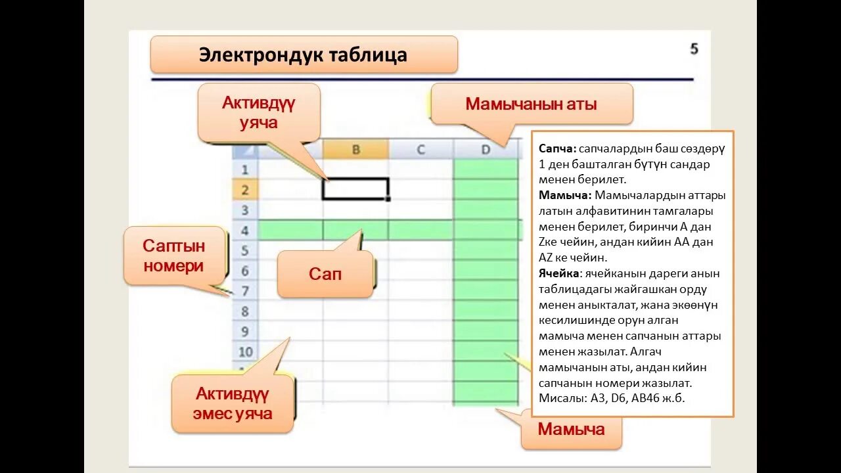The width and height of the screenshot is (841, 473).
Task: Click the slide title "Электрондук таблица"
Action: pos(303,55)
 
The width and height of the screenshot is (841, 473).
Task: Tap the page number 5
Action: pos(694,49)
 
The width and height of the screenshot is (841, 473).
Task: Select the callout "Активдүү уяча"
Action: pos(259,112)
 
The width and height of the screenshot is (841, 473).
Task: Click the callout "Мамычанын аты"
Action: pos(531,104)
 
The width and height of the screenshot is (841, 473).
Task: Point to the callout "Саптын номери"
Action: pos(174,256)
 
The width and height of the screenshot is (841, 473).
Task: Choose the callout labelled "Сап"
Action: pos(325,273)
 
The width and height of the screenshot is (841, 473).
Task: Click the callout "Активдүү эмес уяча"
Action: pos(233,403)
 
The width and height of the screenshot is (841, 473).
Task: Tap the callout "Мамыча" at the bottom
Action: pos(571,430)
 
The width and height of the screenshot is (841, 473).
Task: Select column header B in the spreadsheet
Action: pos(355,150)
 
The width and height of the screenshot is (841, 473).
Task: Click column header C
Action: pos(420,150)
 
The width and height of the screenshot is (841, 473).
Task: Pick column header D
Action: pos(486,150)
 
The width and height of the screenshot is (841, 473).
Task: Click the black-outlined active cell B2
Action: pos(355,189)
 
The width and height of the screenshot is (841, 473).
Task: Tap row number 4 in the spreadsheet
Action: pos(244,231)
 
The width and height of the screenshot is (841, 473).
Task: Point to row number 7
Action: pos(244,291)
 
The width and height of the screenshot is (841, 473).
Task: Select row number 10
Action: pos(244,351)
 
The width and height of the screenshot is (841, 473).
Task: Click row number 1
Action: pos(244,169)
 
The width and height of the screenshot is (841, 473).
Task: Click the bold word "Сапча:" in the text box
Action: pos(558,149)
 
